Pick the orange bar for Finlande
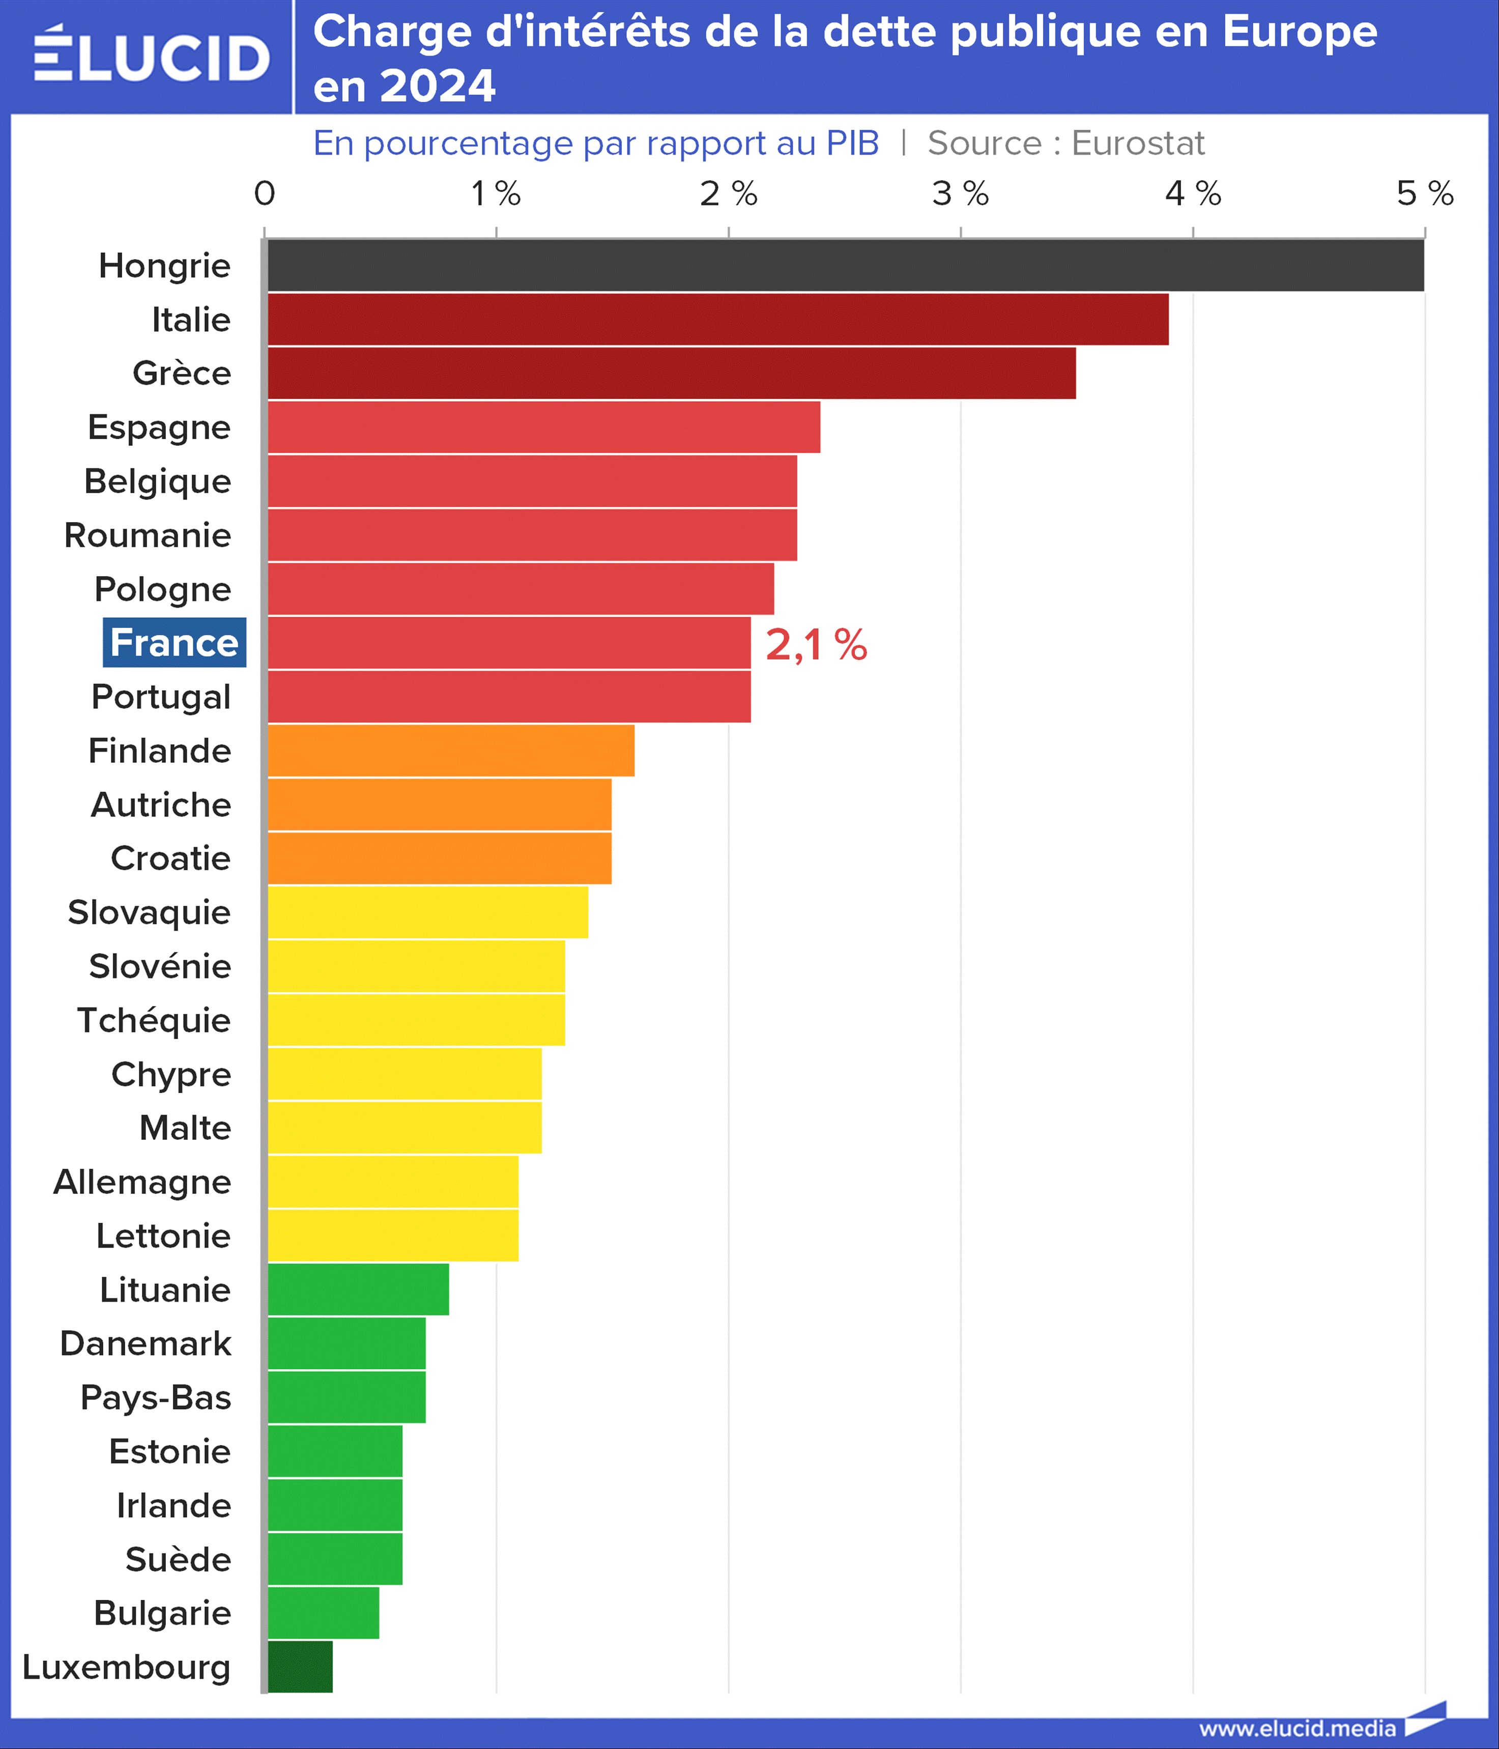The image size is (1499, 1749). pos(451,751)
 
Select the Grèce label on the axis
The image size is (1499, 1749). pos(182,373)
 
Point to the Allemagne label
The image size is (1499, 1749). pos(142,1182)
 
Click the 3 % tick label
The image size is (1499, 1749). pos(961,194)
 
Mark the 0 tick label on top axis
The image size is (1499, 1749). pos(264,194)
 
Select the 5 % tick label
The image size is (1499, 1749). pos(1425,194)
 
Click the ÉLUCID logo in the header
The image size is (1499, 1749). pos(152,55)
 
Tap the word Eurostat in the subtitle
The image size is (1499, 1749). pos(1138,144)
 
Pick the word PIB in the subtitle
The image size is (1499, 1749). pos(852,144)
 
